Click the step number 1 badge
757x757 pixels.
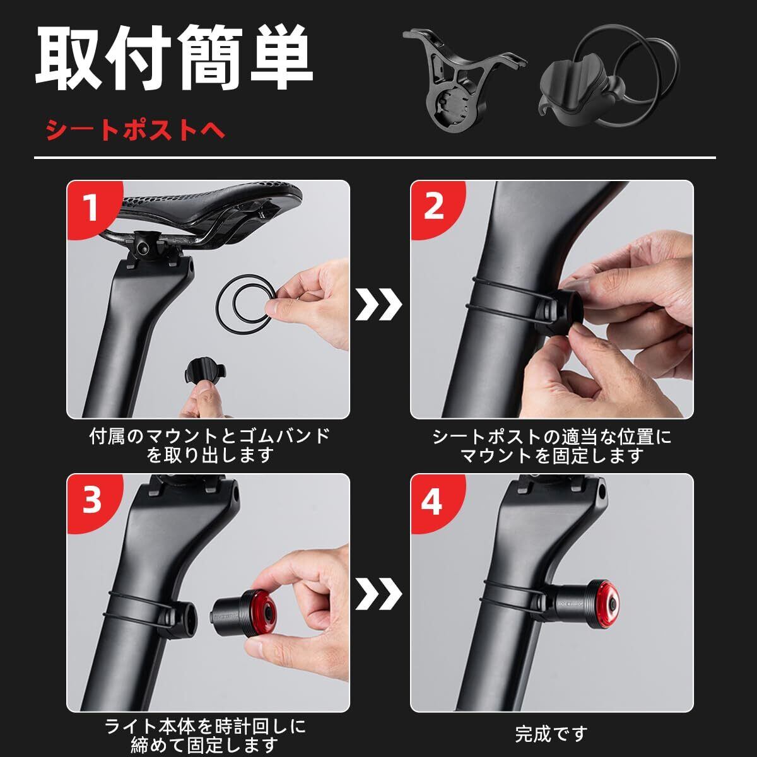[90, 208]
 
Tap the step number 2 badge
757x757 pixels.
[433, 208]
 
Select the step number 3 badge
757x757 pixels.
[91, 502]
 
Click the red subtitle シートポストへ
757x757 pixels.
[135, 130]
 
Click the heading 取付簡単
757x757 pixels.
[174, 58]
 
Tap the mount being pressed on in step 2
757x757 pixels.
[560, 310]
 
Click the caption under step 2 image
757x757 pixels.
[551, 446]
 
